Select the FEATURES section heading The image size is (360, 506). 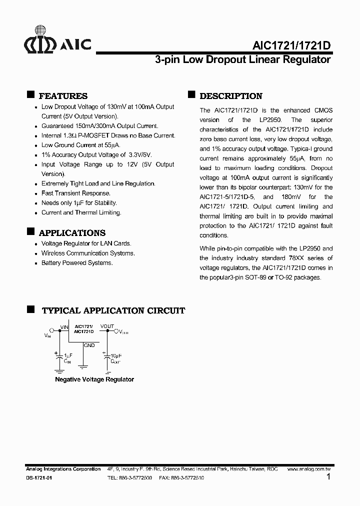(63, 96)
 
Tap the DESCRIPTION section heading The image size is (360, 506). (230, 96)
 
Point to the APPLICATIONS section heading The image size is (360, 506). (72, 232)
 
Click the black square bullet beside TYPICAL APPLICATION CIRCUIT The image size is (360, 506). (30, 309)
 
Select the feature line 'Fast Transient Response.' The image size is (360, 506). (76, 193)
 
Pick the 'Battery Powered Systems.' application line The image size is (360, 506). (77, 262)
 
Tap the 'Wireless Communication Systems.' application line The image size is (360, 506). (87, 253)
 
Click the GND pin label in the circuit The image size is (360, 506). (89, 345)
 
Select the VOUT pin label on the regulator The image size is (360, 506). (107, 326)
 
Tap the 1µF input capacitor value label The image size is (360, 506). (67, 354)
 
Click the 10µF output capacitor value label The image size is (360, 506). (115, 354)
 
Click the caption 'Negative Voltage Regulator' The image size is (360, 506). (94, 379)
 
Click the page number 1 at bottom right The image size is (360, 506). (328, 477)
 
